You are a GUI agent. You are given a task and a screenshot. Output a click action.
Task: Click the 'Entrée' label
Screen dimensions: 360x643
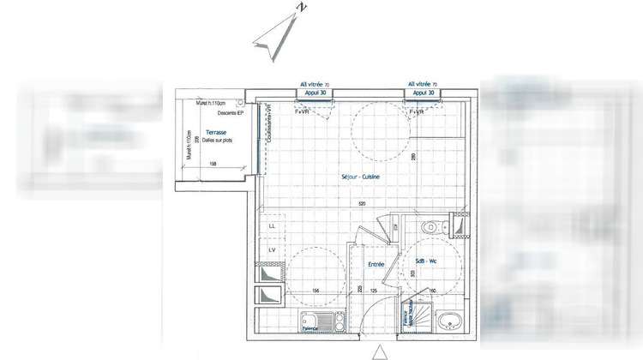[x=376, y=266]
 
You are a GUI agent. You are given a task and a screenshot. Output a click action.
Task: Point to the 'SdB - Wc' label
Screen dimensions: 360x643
[x=425, y=261]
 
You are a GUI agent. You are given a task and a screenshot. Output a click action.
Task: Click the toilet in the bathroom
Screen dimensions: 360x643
[x=430, y=227]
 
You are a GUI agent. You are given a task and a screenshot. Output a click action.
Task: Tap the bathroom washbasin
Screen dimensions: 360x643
[x=447, y=322]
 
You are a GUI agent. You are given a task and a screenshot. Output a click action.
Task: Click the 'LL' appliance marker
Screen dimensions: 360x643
[x=272, y=225]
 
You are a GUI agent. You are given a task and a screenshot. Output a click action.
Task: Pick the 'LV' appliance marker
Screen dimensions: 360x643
[x=272, y=249]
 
